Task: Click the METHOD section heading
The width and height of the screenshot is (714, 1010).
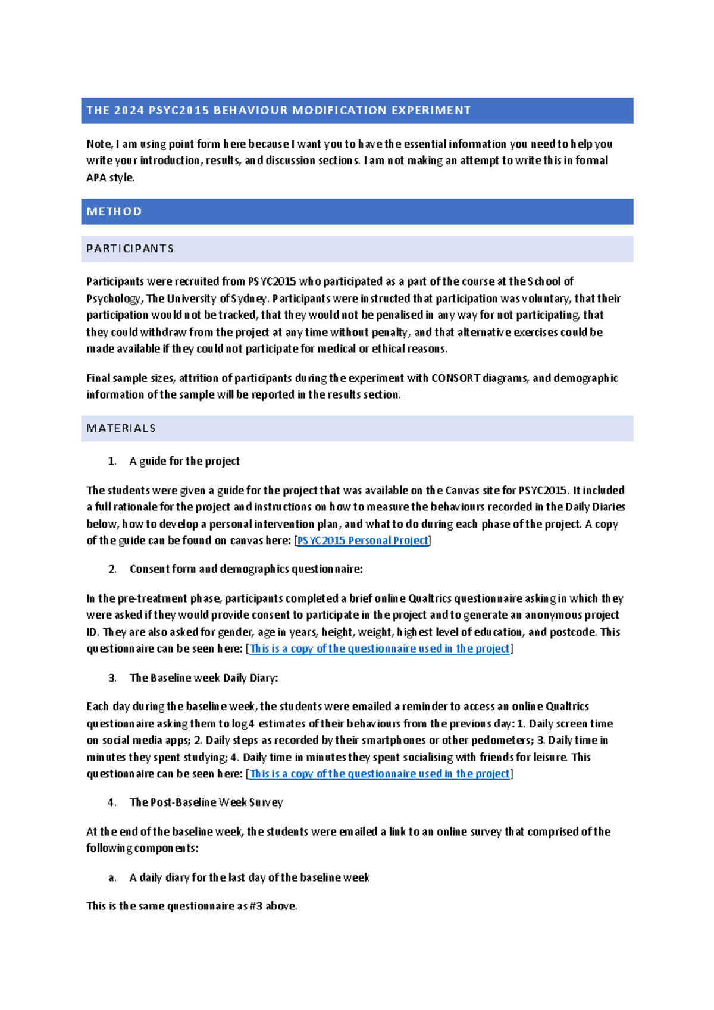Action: (114, 211)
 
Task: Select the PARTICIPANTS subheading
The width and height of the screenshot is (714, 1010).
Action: (130, 249)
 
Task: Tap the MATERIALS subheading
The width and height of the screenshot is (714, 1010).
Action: (121, 428)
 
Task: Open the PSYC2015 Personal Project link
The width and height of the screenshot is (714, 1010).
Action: (362, 541)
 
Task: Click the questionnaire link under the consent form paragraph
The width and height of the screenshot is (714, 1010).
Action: (379, 649)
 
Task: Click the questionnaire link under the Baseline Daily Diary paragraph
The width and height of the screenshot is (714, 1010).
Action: (379, 774)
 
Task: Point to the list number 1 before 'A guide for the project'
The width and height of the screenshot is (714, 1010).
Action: (112, 461)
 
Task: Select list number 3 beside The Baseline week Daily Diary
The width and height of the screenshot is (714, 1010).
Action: (112, 678)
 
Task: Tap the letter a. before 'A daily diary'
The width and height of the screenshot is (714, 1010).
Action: (112, 877)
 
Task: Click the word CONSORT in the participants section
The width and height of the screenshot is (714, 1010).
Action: (456, 378)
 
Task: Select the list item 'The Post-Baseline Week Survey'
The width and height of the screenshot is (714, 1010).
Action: (206, 802)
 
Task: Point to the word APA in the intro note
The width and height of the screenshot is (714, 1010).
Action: (96, 178)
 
